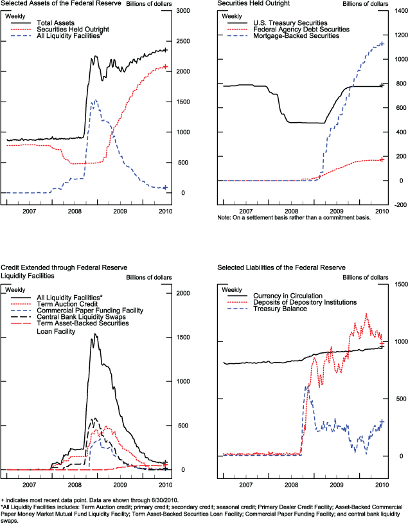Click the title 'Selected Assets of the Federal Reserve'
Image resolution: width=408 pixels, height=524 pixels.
tap(55, 4)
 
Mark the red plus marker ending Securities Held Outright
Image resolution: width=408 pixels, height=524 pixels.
tap(165, 66)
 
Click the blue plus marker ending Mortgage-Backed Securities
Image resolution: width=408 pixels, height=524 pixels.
tap(382, 44)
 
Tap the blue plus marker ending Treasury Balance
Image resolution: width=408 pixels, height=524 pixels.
tap(382, 422)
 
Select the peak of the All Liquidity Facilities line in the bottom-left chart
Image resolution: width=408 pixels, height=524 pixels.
tap(95, 334)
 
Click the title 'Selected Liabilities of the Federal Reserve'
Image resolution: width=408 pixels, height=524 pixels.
tap(280, 267)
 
